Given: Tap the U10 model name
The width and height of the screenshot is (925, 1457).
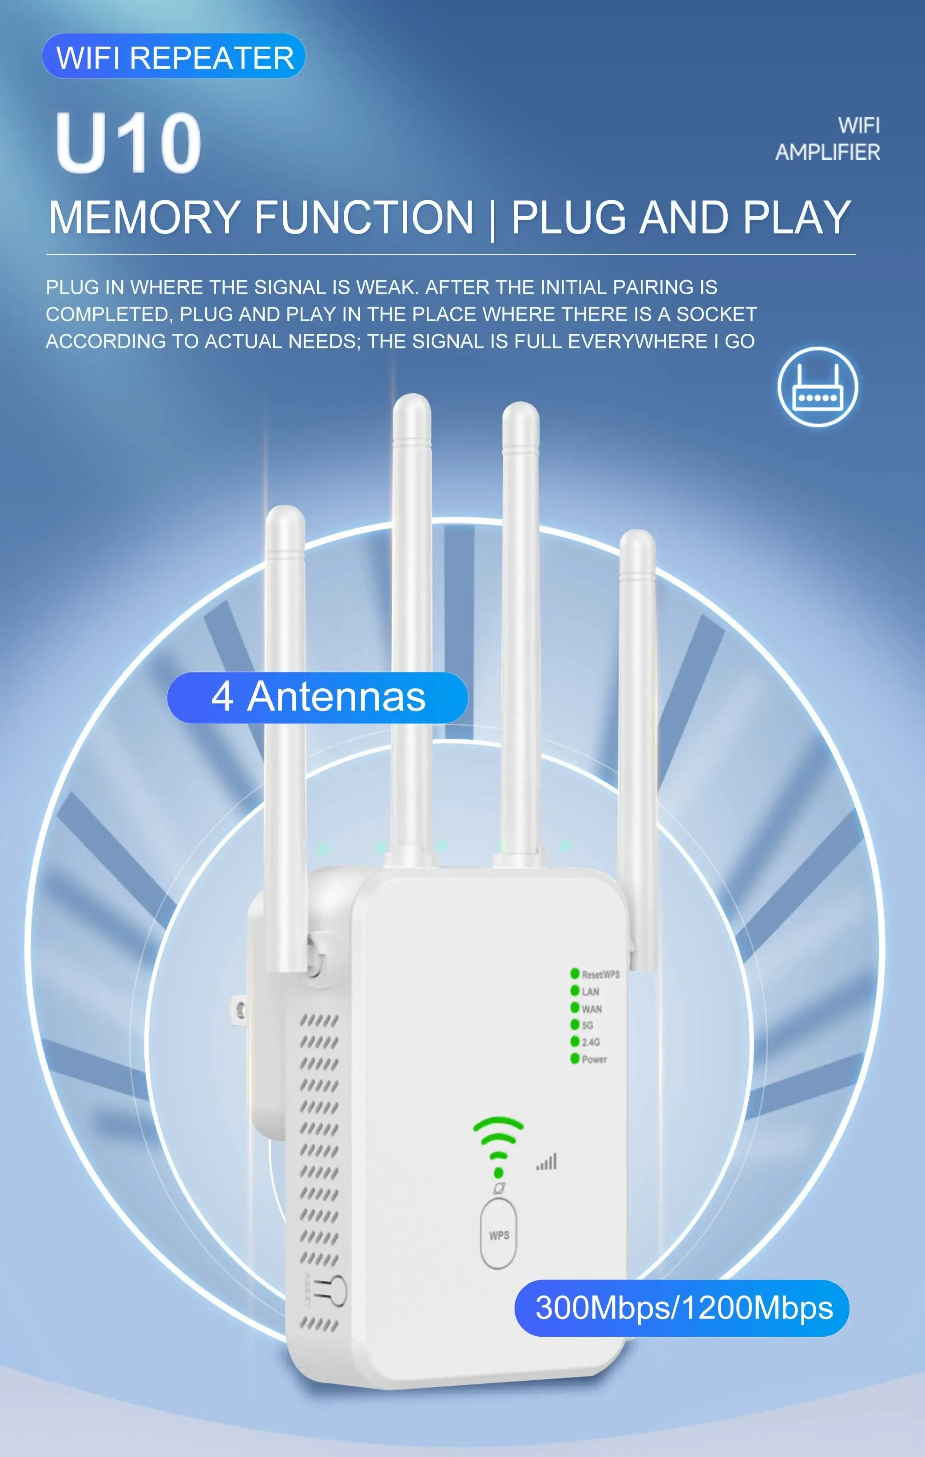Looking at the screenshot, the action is pos(128,143).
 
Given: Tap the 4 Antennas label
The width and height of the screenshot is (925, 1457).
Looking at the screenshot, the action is pos(318,697).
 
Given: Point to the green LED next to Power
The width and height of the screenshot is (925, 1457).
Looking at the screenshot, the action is pos(575,1058).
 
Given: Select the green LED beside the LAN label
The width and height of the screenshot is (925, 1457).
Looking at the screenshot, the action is pos(575,991).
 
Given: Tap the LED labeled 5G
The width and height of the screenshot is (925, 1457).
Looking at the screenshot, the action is pos(575,1024).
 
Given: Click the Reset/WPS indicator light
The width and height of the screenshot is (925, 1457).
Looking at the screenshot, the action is pos(575,974).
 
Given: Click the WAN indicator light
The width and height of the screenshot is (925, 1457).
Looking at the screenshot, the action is pos(575,1007).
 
